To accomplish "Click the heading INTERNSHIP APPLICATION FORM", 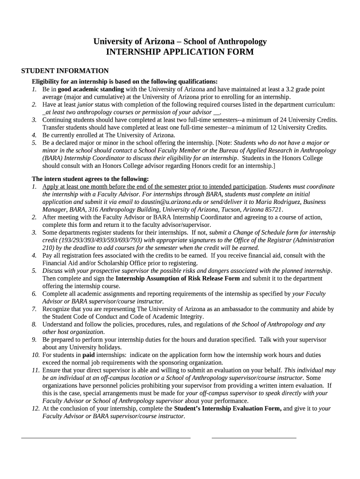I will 180,52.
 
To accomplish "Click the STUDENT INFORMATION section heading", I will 65,71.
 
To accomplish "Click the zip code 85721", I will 271,210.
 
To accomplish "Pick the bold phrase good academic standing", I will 91,89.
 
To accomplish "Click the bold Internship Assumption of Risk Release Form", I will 178,278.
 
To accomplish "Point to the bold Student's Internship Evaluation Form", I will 228,408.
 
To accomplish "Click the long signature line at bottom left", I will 106,438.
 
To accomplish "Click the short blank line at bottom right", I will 254,438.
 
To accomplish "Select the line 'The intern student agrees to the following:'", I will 90,179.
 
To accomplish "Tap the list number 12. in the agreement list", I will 36,408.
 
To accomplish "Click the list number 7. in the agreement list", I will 34,309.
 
